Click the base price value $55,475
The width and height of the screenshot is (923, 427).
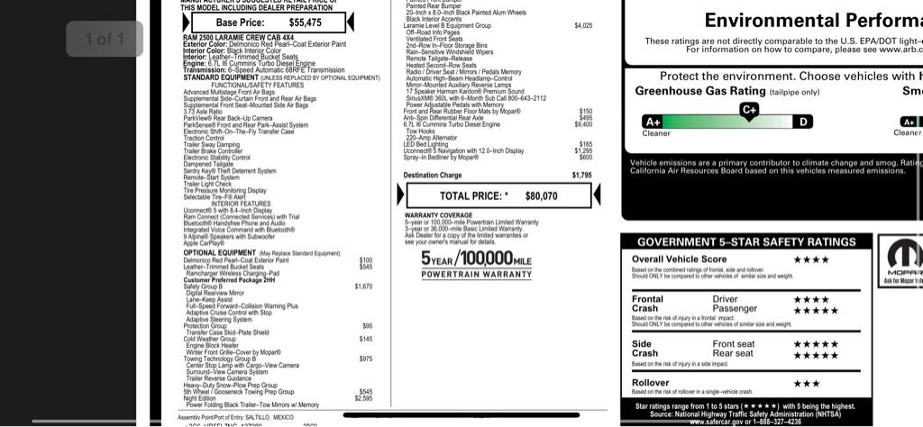pyautogui.click(x=305, y=23)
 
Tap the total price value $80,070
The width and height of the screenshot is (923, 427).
pyautogui.click(x=541, y=195)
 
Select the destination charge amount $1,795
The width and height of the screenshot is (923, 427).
pyautogui.click(x=581, y=176)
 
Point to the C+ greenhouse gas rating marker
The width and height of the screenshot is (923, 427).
pyautogui.click(x=749, y=110)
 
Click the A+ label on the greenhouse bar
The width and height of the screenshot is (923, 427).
pyautogui.click(x=652, y=122)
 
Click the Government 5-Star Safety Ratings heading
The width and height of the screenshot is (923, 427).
pyautogui.click(x=746, y=242)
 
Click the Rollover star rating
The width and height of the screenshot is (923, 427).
pyautogui.click(x=806, y=384)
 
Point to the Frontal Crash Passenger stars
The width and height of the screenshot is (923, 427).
pyautogui.click(x=815, y=310)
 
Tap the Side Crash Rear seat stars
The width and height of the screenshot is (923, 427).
pyautogui.click(x=815, y=354)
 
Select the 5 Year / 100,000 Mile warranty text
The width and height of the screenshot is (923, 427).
pyautogui.click(x=477, y=259)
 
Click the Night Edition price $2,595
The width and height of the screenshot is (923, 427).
pyautogui.click(x=364, y=398)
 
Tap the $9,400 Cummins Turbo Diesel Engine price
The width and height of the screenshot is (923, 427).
pyautogui.click(x=584, y=124)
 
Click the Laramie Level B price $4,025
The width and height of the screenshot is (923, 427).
pyautogui.click(x=583, y=26)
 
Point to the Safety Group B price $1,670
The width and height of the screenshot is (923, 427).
pyautogui.click(x=364, y=286)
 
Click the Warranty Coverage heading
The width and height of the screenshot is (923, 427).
pyautogui.click(x=439, y=215)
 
